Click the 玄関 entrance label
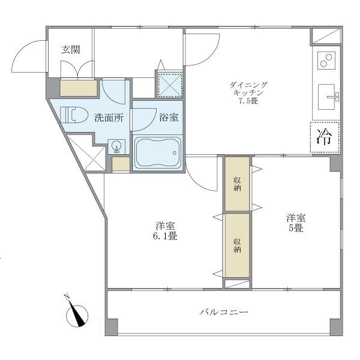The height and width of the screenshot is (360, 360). coord(70,50)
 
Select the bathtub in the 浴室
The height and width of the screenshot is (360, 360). coord(157,152)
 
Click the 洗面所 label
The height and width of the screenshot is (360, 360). coord(109,118)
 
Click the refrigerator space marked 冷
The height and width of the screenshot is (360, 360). coord(325,137)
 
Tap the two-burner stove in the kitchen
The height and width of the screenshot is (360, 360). coord(327,61)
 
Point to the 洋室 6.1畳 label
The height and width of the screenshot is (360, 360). coord(164,230)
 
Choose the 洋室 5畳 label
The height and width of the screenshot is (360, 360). coord(294,223)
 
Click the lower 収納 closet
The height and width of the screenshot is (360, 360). coord(238,245)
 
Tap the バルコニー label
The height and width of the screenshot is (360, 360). coord(224,312)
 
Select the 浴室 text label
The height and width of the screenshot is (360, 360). coord(169,118)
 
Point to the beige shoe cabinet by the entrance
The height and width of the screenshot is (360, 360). coord(79,88)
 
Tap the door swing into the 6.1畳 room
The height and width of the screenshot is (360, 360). coord(200,175)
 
